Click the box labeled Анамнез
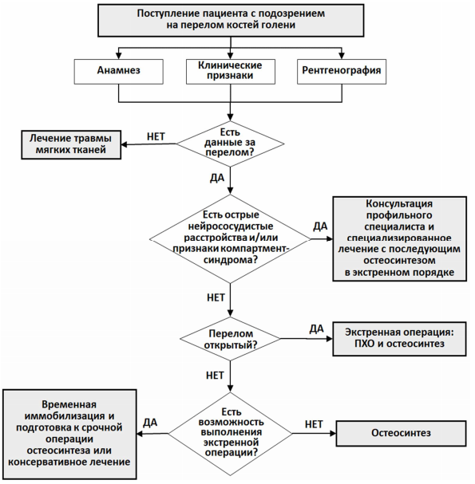(x=119, y=72)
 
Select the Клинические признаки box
(x=231, y=72)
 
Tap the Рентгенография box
(x=342, y=72)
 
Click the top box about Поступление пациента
(x=231, y=21)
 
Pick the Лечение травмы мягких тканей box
(x=71, y=145)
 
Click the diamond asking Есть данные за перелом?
(x=230, y=144)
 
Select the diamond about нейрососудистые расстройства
(x=230, y=238)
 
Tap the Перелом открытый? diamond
(x=230, y=339)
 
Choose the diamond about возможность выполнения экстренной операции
(x=230, y=434)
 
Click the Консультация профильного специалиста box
(x=400, y=238)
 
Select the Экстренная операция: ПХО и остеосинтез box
(x=399, y=339)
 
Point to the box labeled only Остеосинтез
(x=401, y=433)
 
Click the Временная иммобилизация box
(x=69, y=434)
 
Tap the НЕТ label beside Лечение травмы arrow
(x=156, y=136)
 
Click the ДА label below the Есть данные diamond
(x=217, y=178)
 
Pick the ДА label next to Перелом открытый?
(x=316, y=329)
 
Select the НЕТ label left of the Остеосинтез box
(x=314, y=424)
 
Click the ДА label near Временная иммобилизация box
(x=150, y=423)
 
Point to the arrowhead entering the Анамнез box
(x=119, y=56)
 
